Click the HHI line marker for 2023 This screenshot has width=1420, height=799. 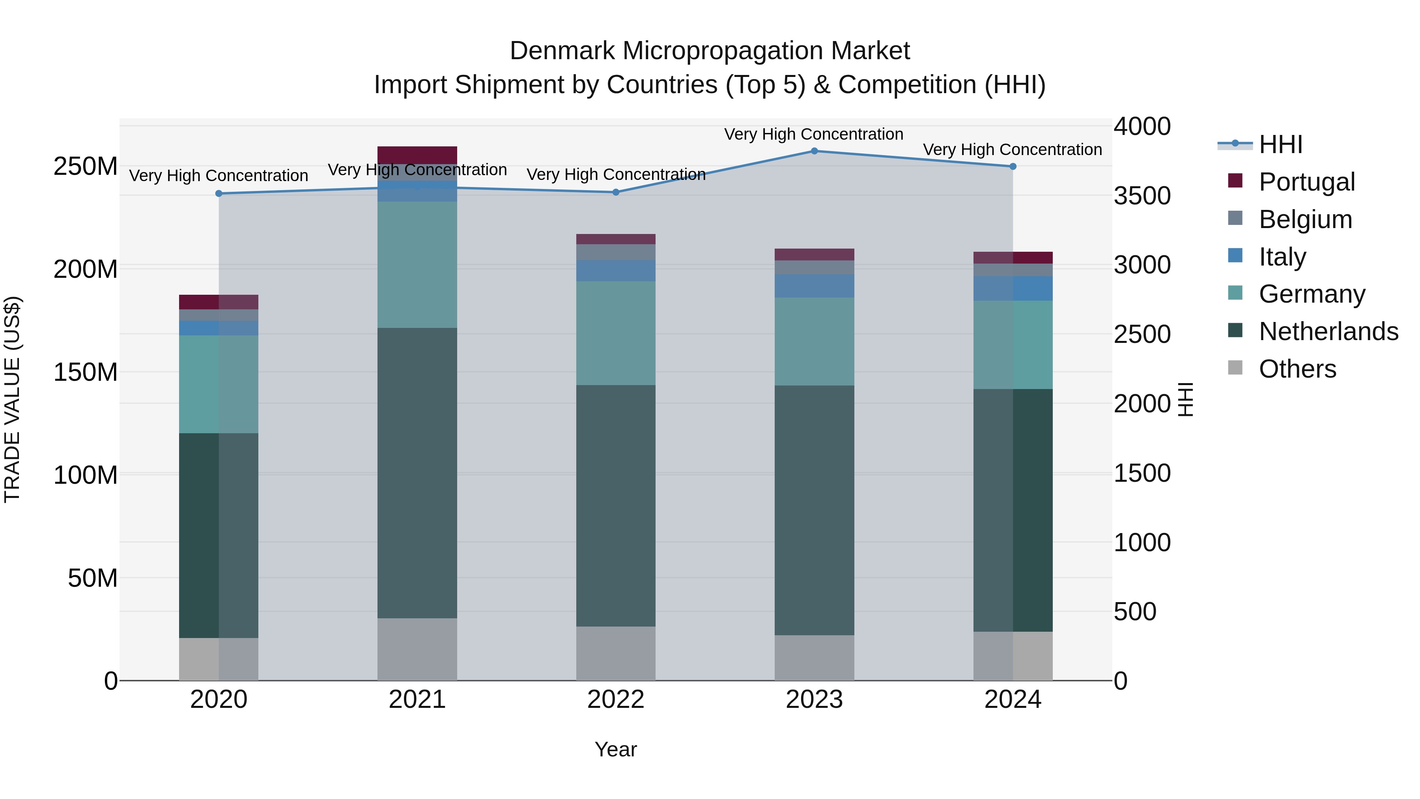pyautogui.click(x=814, y=151)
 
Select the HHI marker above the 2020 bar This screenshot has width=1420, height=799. pyautogui.click(x=219, y=194)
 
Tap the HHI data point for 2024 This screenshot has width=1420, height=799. pyautogui.click(x=1013, y=166)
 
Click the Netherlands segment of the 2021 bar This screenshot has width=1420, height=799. pyautogui.click(x=417, y=473)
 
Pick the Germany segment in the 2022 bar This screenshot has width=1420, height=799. pyautogui.click(x=616, y=333)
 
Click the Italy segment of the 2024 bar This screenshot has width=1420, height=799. pyautogui.click(x=1013, y=288)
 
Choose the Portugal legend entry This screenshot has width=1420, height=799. pyautogui.click(x=1306, y=182)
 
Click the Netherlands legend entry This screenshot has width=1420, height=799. pyautogui.click(x=1328, y=331)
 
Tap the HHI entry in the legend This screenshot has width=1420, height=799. pyautogui.click(x=1280, y=144)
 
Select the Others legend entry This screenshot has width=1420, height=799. pyautogui.click(x=1297, y=369)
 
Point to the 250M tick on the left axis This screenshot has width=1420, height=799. pyautogui.click(x=86, y=166)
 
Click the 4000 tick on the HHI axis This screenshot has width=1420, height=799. pyautogui.click(x=1142, y=126)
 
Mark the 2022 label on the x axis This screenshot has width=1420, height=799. pyautogui.click(x=616, y=700)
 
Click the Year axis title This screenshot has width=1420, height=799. pyautogui.click(x=616, y=749)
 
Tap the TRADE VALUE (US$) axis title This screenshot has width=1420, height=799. pyautogui.click(x=12, y=399)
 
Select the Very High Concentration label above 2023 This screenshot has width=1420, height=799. pyautogui.click(x=814, y=134)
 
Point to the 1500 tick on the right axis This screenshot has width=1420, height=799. pyautogui.click(x=1142, y=473)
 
